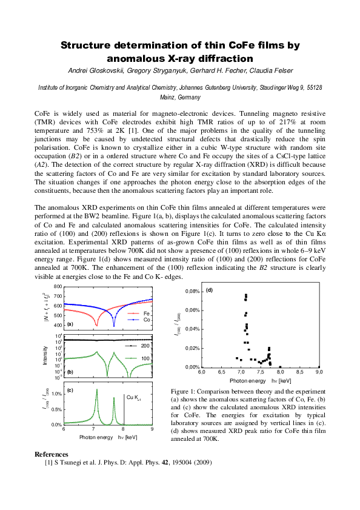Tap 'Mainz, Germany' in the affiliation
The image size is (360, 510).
pyautogui.click(x=179, y=97)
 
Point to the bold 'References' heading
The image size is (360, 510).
pyautogui.click(x=52, y=454)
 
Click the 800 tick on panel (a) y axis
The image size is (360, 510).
pyautogui.click(x=58, y=286)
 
